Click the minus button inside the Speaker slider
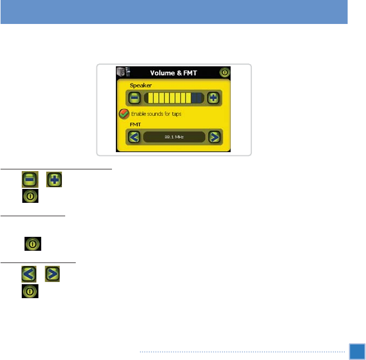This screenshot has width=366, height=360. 134,98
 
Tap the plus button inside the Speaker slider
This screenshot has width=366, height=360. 213,98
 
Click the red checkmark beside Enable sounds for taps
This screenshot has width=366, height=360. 123,114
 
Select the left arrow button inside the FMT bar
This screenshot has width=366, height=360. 134,137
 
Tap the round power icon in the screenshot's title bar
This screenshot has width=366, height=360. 225,72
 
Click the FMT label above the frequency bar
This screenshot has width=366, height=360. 135,125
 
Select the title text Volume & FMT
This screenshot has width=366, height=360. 173,72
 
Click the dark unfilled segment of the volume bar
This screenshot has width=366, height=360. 197,98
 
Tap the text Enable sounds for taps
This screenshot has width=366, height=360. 157,114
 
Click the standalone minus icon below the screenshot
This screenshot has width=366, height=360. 30,179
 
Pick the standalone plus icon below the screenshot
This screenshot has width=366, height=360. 53,179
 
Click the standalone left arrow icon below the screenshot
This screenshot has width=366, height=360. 30,274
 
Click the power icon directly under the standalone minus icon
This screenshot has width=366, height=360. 30,196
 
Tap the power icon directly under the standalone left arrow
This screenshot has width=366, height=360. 30,290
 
